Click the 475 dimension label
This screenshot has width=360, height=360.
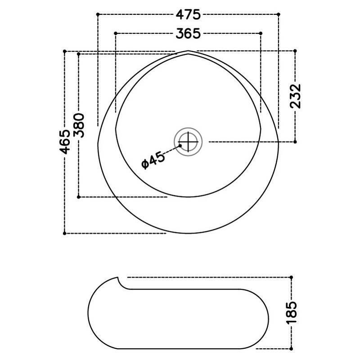coord(188,15)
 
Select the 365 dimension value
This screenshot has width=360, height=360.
coord(188,33)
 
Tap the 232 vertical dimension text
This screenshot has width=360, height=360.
coord(295,96)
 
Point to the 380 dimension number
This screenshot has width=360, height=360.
coord(79,126)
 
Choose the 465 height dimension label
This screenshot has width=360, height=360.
coord(65,142)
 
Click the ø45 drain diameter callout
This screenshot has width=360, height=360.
coord(153,160)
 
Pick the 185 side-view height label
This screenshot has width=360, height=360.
coord(292,312)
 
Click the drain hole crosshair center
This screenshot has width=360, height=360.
coord(188,142)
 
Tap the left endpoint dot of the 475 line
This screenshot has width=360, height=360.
coord(98,14)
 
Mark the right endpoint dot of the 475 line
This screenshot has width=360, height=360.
coord(279,14)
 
